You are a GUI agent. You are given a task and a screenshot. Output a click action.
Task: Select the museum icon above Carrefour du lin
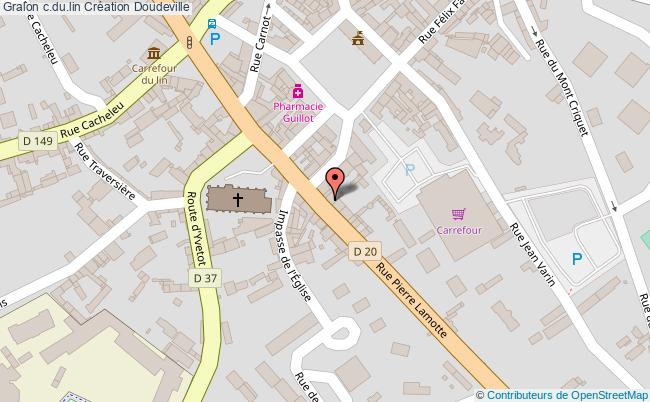[153, 53]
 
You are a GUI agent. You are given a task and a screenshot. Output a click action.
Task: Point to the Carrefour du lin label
[153, 73]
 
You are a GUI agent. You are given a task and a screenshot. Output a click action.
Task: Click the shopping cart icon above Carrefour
[458, 212]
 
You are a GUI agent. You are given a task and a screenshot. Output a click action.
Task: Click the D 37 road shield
[204, 278]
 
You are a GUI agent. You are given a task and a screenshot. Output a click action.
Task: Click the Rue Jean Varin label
[533, 254]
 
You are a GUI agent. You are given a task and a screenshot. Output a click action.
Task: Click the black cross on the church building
[238, 198]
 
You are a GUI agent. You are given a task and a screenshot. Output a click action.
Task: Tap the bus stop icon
[211, 24]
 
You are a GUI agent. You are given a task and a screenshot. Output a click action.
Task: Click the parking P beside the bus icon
[214, 40]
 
